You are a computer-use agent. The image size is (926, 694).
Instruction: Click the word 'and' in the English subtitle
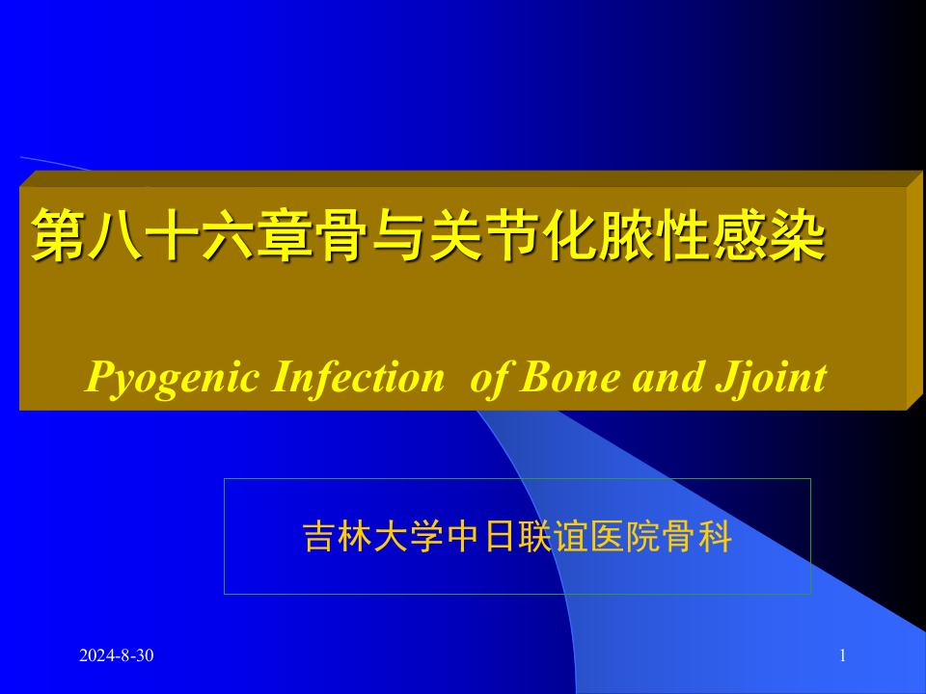coord(663,377)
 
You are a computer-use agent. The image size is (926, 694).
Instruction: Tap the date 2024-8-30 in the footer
coord(116,656)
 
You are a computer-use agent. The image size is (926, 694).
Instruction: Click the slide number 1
coord(843,656)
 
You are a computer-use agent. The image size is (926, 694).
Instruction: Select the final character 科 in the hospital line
coord(715,538)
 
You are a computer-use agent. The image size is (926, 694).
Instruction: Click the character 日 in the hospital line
coord(499,538)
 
